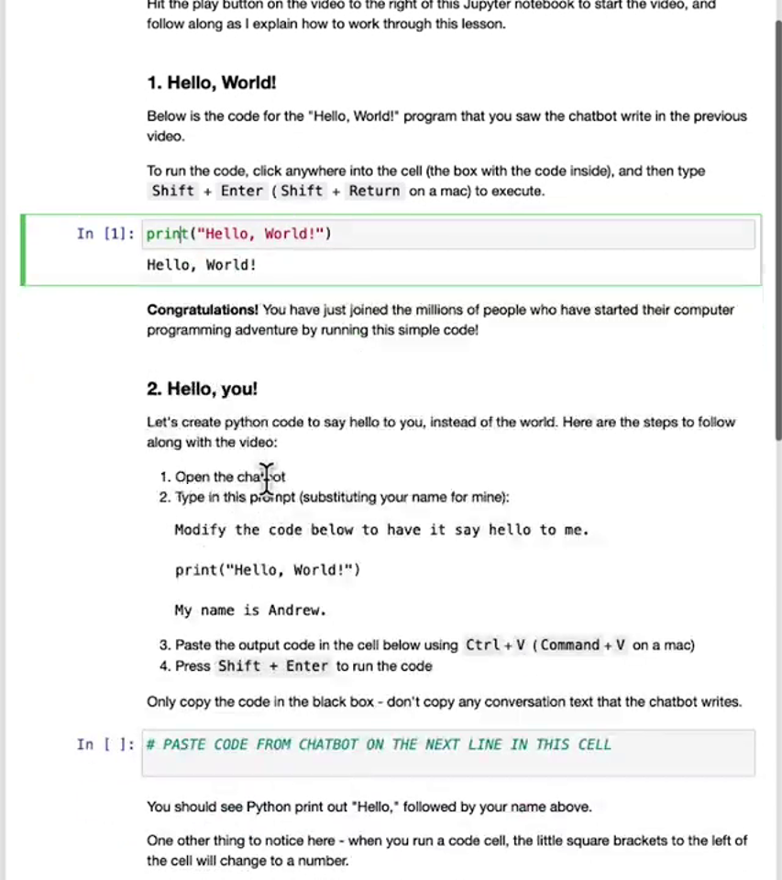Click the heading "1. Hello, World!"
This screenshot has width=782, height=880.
tap(211, 82)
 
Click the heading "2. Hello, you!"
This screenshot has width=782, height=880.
tap(202, 389)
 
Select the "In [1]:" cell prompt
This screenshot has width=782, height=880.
tap(105, 234)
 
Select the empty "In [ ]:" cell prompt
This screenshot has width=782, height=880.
tap(105, 744)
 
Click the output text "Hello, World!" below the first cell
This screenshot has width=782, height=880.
tap(202, 265)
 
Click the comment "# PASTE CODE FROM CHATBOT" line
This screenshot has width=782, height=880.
tap(378, 744)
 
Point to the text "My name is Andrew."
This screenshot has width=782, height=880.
tap(250, 610)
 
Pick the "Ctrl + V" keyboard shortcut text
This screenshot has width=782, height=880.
tap(495, 644)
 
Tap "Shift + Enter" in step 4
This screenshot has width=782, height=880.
tap(272, 665)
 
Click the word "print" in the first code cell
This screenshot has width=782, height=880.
tap(165, 234)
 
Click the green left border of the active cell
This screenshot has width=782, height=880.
tap(23, 249)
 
